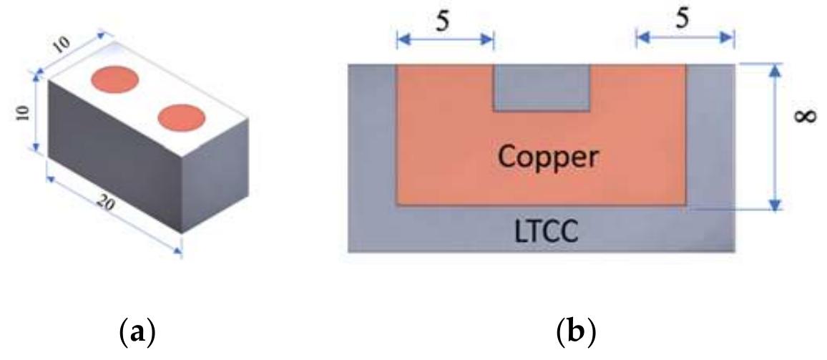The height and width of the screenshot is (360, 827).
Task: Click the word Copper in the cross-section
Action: (549, 157)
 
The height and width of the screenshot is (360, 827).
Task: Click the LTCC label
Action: (547, 231)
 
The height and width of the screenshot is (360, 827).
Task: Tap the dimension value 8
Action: (806, 115)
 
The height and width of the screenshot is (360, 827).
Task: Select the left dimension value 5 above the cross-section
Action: (444, 21)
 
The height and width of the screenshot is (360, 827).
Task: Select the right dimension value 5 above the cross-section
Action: (682, 19)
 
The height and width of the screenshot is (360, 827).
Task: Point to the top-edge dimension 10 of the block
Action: (62, 45)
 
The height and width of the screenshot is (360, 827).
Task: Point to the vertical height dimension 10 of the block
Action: (23, 112)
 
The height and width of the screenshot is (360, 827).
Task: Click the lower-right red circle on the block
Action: (182, 117)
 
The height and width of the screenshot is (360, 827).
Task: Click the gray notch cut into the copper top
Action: (541, 87)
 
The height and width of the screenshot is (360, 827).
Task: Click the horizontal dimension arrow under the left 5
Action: (445, 39)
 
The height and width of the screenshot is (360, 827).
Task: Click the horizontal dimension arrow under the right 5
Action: (685, 38)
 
